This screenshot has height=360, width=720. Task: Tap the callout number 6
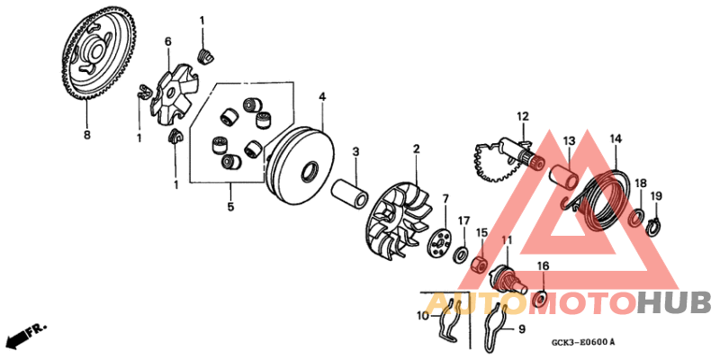[x=167, y=41]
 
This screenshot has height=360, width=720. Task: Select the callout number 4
[x=321, y=96]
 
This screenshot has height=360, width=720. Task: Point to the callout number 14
[x=616, y=139]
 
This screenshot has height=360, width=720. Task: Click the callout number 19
[x=656, y=196]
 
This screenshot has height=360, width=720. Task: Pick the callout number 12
[x=522, y=116]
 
